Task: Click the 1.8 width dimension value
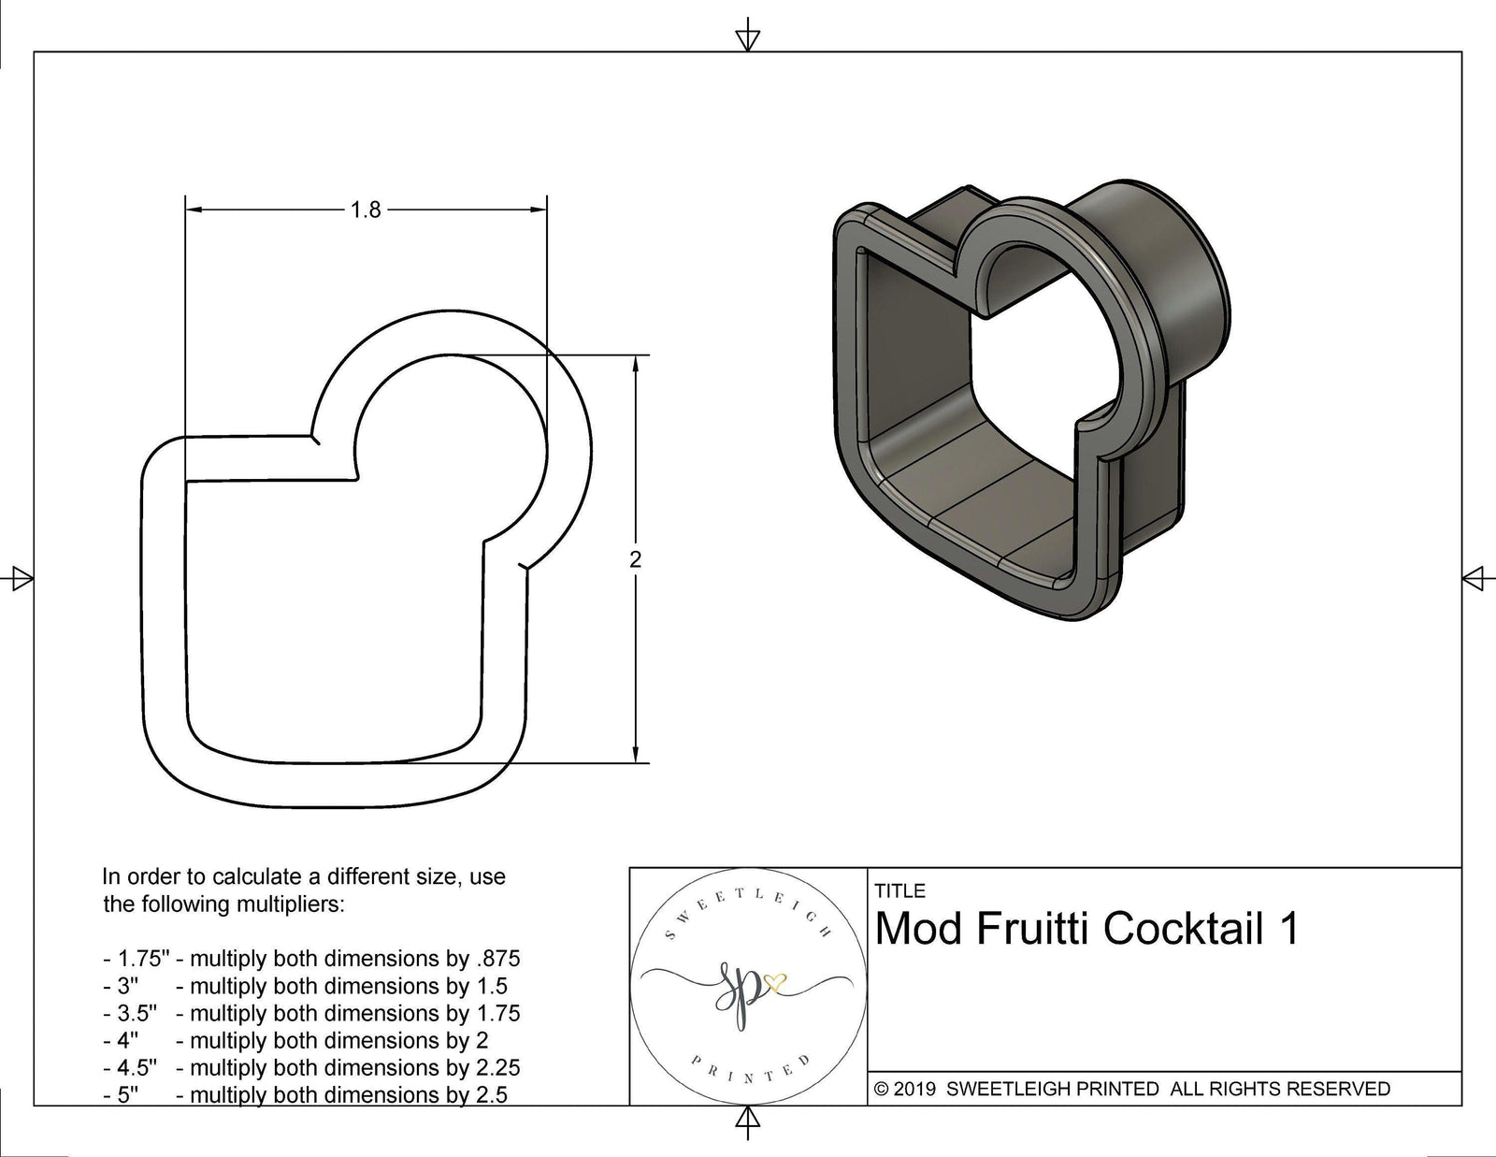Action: click(x=366, y=210)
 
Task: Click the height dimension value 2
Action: click(x=636, y=560)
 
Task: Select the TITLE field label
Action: click(x=899, y=890)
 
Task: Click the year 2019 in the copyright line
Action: click(x=916, y=1089)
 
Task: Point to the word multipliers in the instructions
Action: click(x=290, y=904)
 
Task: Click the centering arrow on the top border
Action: click(x=747, y=38)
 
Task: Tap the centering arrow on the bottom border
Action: click(x=747, y=1120)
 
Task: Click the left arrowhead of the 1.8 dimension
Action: click(x=193, y=210)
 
